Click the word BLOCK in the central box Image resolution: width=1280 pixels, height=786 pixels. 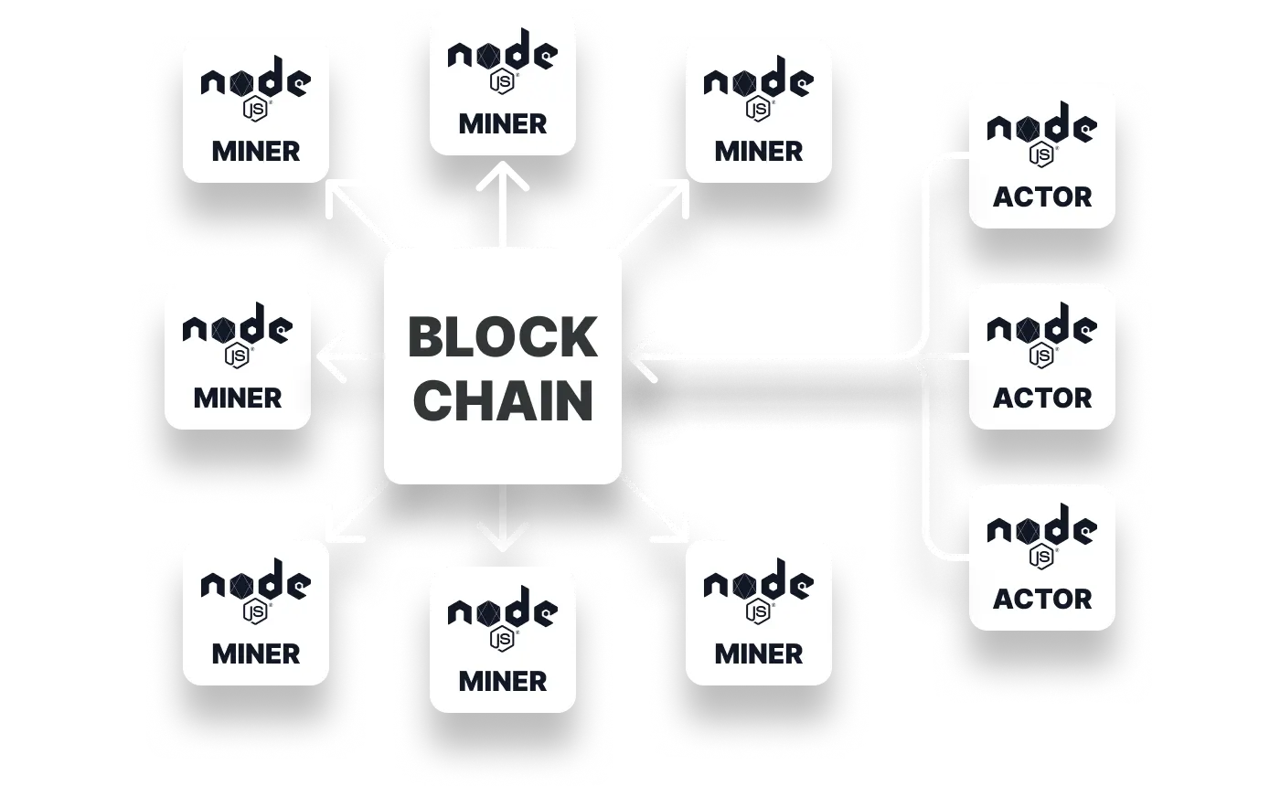(x=502, y=337)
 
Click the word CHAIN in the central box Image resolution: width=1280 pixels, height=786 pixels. (x=502, y=400)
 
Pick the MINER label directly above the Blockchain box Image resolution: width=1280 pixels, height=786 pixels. (x=502, y=123)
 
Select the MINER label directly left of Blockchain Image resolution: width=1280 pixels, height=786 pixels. (x=238, y=398)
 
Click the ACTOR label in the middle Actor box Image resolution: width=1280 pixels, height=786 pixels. (x=1042, y=398)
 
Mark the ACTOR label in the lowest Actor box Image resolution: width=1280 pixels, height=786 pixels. (x=1042, y=599)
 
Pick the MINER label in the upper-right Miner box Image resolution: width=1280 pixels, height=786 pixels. (x=759, y=151)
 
